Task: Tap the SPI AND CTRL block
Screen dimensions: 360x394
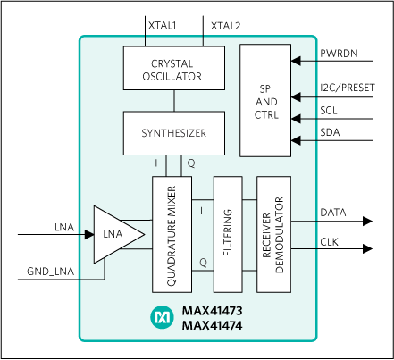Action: pos(266,103)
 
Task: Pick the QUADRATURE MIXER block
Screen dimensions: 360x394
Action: pos(172,234)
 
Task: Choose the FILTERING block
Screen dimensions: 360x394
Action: pos(228,234)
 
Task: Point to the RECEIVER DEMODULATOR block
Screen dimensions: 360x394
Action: pos(273,234)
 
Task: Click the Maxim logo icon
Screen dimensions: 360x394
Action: pos(162,317)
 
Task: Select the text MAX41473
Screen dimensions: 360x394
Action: pos(212,311)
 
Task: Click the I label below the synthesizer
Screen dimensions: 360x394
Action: pos(156,163)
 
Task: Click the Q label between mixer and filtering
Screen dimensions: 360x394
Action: pos(202,262)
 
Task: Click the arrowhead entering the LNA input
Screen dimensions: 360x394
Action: pos(88,235)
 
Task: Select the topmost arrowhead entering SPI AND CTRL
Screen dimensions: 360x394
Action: pos(298,62)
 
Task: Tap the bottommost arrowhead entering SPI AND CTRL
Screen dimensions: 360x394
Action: pos(298,140)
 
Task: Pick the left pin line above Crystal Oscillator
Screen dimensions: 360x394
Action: pos(146,40)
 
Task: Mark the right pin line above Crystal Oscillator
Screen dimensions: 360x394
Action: pos(203,40)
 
